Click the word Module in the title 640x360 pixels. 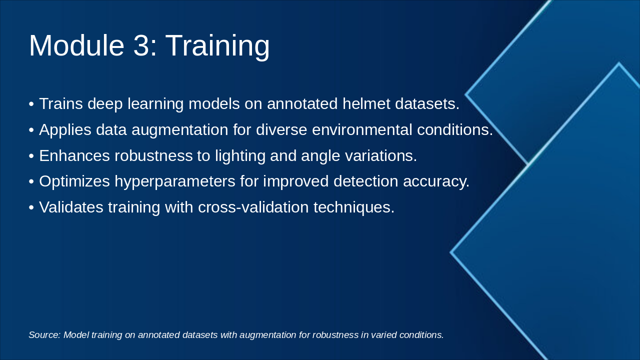tap(76, 45)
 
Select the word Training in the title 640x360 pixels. tap(217, 47)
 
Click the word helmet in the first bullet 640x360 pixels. tap(366, 103)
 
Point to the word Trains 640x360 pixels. tap(61, 103)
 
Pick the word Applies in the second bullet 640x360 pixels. tap(65, 130)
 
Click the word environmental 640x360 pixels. tap(362, 129)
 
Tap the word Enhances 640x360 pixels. tap(74, 155)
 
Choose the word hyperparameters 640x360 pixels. tap(175, 181)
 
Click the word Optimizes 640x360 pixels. tap(74, 181)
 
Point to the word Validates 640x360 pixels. tap(71, 207)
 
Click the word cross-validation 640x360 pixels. tap(253, 207)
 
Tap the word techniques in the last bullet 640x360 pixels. tap(353, 207)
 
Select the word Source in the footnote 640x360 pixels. tap(44, 335)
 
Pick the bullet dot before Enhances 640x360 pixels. tap(31, 156)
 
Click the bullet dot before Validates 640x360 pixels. tap(31, 207)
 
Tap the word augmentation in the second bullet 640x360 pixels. tap(179, 130)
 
